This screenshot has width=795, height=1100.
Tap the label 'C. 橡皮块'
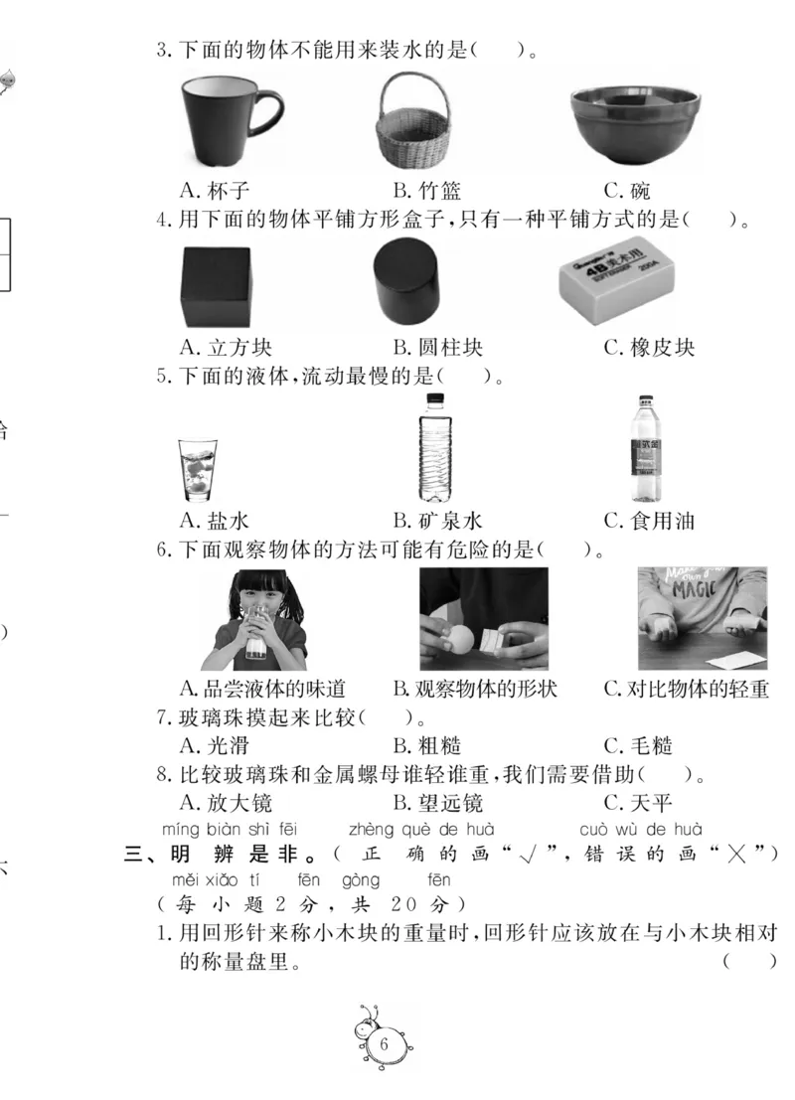(x=649, y=348)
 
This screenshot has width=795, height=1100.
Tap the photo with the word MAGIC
(x=702, y=617)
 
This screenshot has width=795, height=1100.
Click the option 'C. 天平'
(x=639, y=803)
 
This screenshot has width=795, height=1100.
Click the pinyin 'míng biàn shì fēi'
(x=229, y=829)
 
